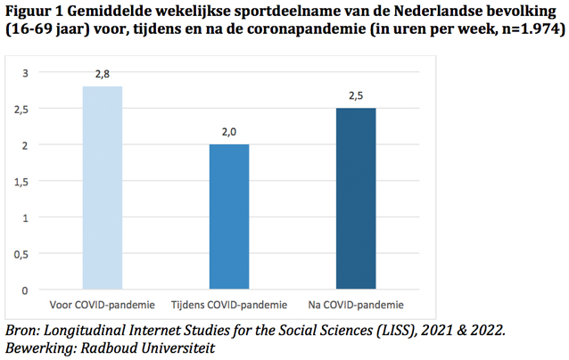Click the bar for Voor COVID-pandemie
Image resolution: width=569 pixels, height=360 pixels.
coord(103,188)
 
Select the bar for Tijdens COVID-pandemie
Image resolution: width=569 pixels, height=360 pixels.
coord(229,217)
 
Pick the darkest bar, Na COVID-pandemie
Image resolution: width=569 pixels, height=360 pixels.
coord(356,199)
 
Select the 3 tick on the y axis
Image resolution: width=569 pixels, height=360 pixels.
coord(26,73)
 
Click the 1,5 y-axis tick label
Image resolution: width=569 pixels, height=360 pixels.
coord(21,182)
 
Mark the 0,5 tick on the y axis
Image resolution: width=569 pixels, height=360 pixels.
coord(21,254)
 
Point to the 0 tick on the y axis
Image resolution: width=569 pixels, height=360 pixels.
coord(26,290)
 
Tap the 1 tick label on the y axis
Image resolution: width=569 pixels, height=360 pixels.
coord(26,217)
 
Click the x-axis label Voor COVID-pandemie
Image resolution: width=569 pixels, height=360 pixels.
coord(103,306)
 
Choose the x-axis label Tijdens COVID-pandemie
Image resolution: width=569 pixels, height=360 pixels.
coord(229,306)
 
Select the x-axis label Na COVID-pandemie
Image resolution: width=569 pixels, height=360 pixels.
coord(356,306)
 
